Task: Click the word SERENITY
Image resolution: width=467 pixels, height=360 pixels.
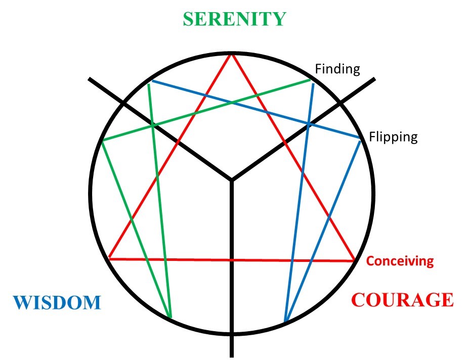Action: coord(234,19)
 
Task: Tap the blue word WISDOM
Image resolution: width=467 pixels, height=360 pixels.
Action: coord(57,302)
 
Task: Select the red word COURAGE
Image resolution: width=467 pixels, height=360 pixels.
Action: coord(403,300)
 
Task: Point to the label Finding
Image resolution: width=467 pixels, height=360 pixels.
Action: coord(337,69)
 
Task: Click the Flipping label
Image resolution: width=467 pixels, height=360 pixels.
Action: coord(393,137)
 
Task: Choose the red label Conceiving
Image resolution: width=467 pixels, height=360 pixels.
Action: coord(400,261)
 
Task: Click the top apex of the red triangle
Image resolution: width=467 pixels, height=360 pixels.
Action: coord(232,54)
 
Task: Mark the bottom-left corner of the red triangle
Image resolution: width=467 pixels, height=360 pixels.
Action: coord(109,259)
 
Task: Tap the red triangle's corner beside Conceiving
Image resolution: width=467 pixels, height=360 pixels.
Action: coord(354,261)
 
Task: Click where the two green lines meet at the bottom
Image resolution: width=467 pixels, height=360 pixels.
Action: coord(170,317)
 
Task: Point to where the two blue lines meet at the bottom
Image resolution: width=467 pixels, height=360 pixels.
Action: coord(285,322)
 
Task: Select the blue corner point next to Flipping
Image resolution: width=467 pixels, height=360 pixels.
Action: coord(360,139)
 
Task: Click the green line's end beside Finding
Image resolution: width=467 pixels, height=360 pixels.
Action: coord(310,80)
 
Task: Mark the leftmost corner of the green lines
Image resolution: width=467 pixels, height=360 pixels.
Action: coord(102,141)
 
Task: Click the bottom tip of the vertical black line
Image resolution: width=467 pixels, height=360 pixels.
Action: coord(232,356)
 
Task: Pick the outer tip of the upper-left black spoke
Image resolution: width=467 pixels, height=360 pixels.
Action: coord(89,78)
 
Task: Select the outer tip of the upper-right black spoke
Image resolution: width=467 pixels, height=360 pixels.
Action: coord(375,78)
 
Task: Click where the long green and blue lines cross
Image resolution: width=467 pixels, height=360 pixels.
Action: coord(232,103)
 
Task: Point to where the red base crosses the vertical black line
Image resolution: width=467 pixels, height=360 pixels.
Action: coord(232,260)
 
